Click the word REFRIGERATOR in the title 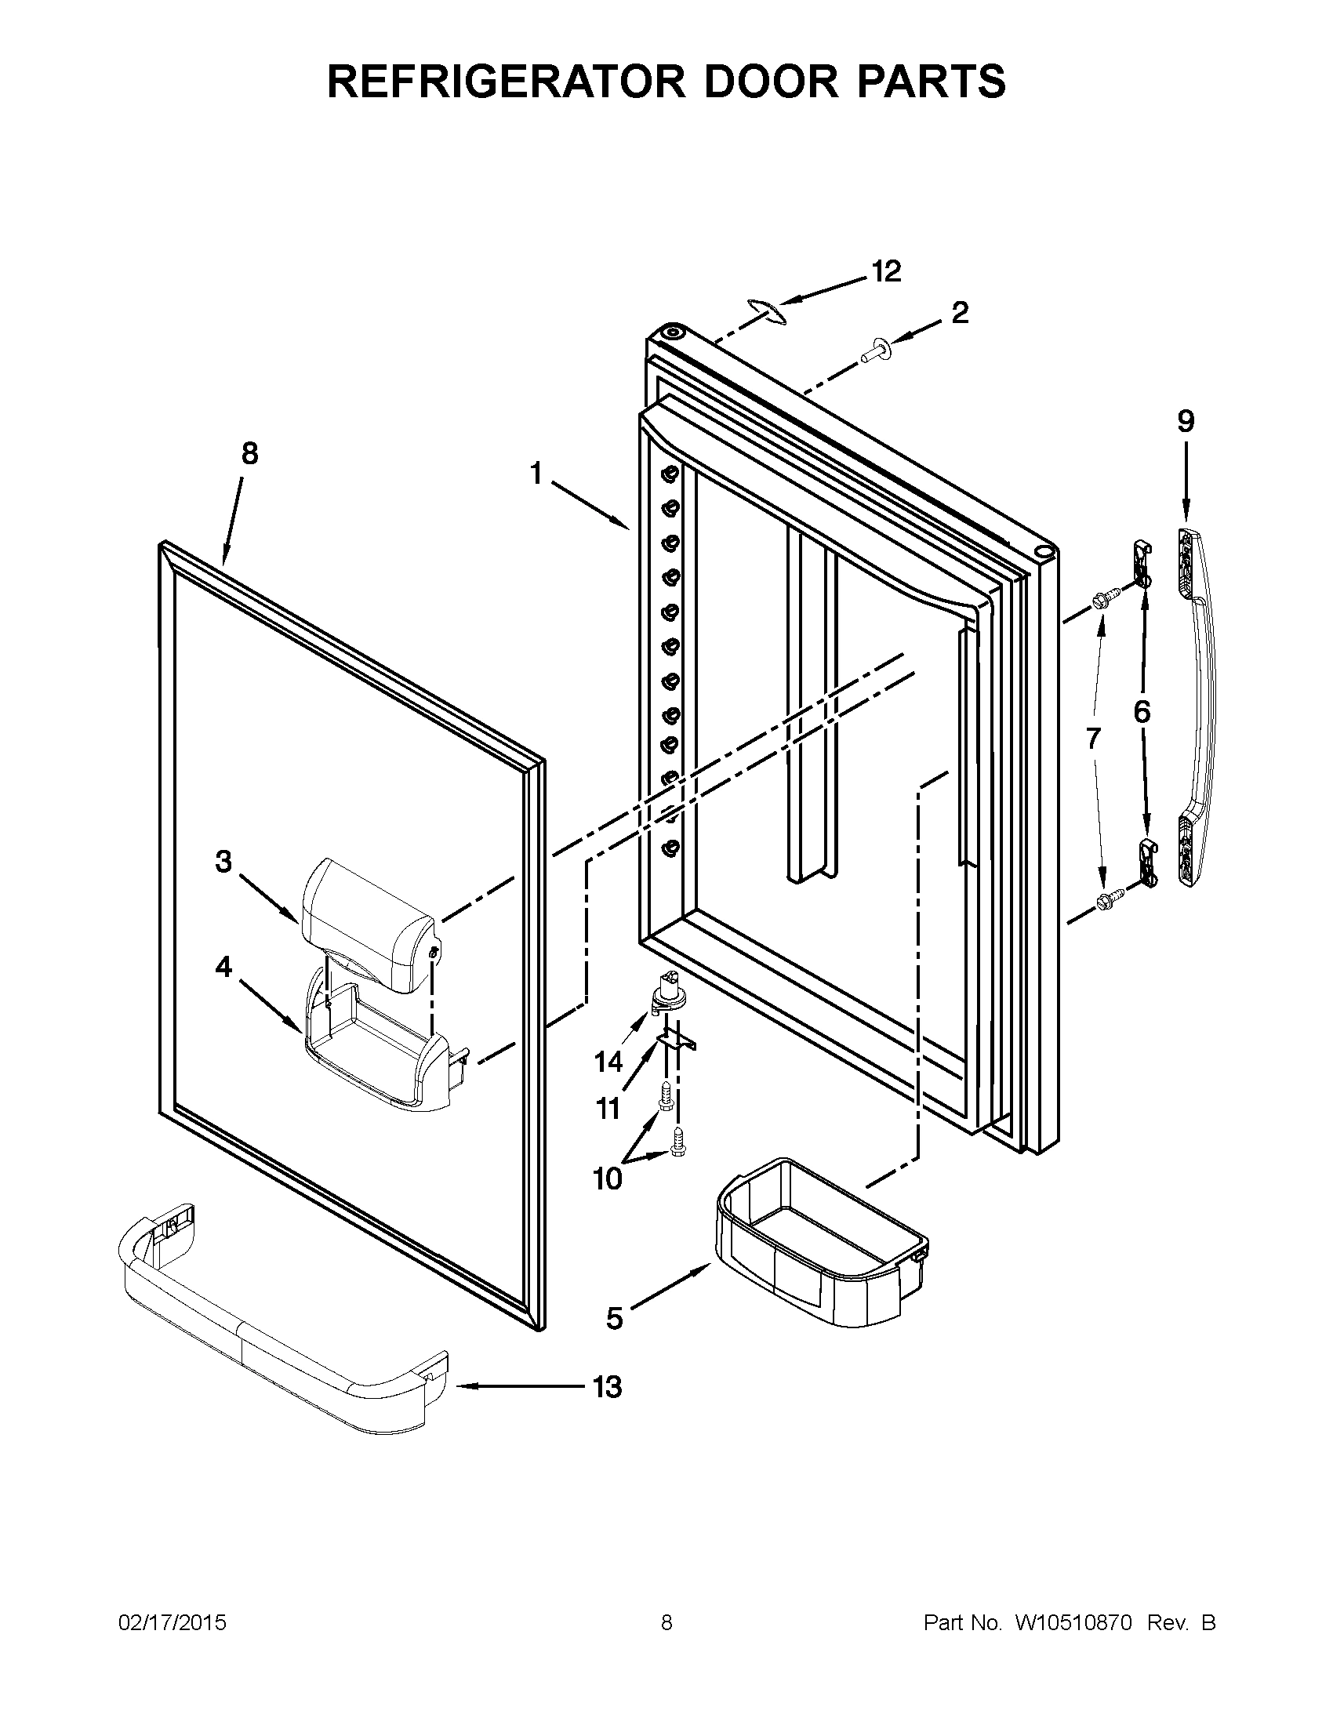(x=506, y=82)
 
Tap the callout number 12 (x=886, y=272)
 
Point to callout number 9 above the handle (x=1186, y=422)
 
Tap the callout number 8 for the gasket (x=249, y=454)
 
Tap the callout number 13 (x=606, y=1388)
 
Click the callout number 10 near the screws (x=607, y=1179)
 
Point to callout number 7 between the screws (x=1092, y=739)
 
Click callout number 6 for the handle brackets (x=1142, y=712)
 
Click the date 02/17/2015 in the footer (x=173, y=1623)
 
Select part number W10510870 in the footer (x=1074, y=1623)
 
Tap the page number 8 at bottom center (x=666, y=1623)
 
